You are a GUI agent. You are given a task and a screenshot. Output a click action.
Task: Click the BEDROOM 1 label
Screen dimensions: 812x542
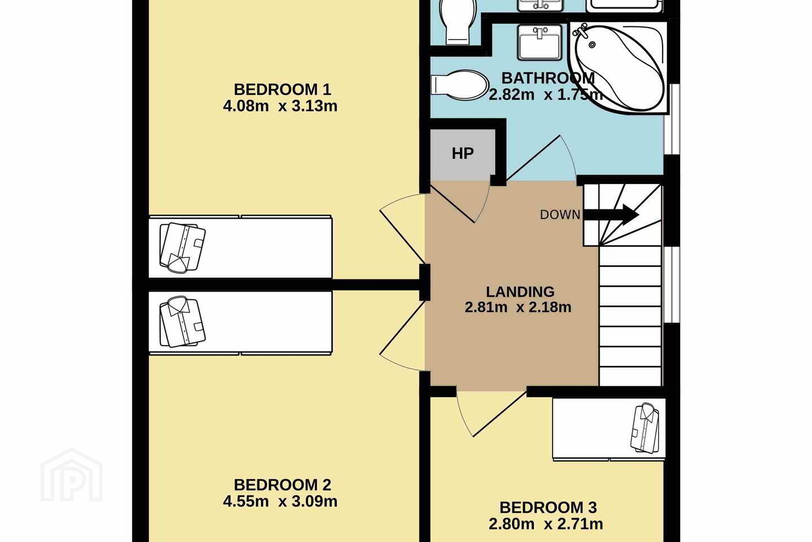(x=283, y=89)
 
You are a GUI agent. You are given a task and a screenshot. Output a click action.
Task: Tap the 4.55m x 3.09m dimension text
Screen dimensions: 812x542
(x=280, y=501)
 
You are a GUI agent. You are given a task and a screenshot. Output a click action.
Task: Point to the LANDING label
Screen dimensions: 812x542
(x=520, y=292)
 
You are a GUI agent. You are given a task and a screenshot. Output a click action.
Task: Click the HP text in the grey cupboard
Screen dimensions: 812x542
(x=462, y=154)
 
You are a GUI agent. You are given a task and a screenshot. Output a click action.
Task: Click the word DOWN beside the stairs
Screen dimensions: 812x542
(x=560, y=215)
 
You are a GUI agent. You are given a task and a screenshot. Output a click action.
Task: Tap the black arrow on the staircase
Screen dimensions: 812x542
(x=611, y=215)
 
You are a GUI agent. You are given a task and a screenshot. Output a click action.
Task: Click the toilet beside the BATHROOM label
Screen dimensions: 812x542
(x=459, y=85)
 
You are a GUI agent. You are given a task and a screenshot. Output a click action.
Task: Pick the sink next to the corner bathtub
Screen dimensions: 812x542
(x=540, y=42)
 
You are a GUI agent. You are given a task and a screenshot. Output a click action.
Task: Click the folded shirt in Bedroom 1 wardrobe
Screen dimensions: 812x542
(x=182, y=248)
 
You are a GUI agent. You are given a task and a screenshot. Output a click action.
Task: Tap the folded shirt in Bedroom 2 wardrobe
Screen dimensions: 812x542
(x=182, y=322)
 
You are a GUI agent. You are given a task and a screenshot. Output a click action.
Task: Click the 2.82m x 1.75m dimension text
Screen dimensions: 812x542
(x=546, y=95)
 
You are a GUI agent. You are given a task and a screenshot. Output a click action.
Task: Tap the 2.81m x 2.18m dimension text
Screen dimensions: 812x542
(x=518, y=308)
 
